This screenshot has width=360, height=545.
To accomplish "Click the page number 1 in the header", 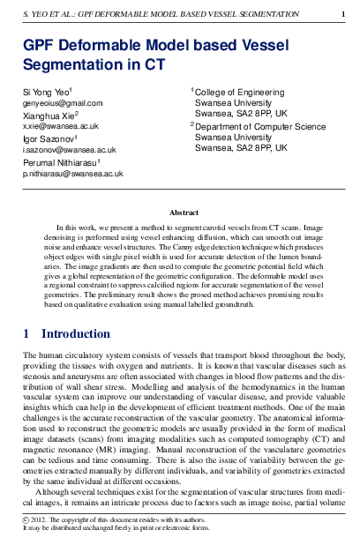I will click(342, 14).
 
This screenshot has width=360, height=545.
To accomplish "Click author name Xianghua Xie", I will click(50, 116).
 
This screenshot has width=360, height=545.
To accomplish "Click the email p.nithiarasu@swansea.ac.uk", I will click(72, 175).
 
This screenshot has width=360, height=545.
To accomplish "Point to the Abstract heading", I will click(184, 213).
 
